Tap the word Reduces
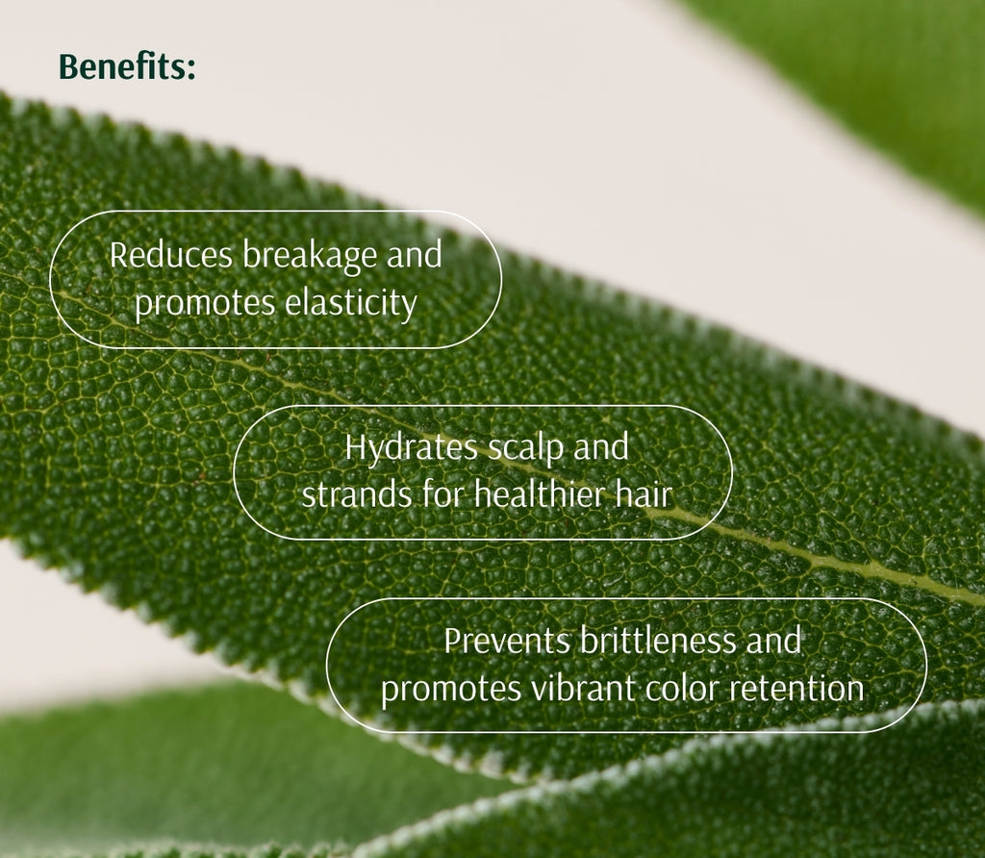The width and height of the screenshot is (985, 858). [x=171, y=254]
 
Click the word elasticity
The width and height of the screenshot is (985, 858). [x=350, y=303]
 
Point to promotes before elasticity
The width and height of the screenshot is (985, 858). [x=205, y=305]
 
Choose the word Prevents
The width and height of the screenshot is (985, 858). [x=506, y=642]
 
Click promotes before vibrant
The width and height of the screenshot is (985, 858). [x=451, y=691]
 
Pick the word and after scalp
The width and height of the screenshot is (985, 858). [x=601, y=447]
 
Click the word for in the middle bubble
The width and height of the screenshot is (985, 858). [x=442, y=493]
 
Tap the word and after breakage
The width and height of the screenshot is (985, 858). [x=414, y=254]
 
